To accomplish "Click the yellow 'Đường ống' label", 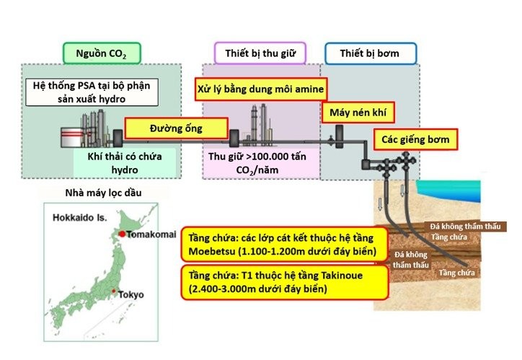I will [176, 128].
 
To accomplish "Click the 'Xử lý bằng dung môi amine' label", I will [261, 89].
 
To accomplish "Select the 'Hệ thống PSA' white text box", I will [92, 92].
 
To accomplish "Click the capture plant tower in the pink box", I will [254, 119].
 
